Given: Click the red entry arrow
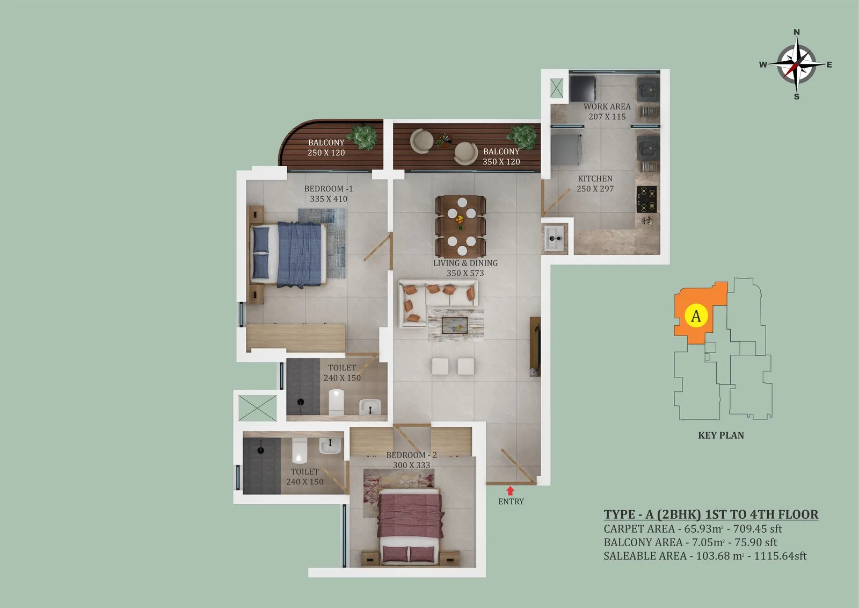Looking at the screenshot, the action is (x=510, y=490).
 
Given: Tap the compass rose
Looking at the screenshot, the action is (x=796, y=65).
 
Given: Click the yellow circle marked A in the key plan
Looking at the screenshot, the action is (x=696, y=316).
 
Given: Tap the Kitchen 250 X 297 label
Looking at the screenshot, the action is (x=595, y=184).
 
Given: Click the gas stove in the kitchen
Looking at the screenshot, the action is (x=646, y=199).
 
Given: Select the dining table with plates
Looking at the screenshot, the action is (x=461, y=226).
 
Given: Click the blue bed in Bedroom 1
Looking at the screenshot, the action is (x=288, y=255).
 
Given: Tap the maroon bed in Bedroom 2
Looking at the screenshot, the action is (x=410, y=526).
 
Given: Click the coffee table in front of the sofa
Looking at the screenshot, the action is (x=455, y=325).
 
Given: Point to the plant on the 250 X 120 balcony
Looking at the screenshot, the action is (x=362, y=137).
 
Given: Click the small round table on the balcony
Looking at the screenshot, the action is (x=444, y=140).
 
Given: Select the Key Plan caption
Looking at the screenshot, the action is (x=721, y=435).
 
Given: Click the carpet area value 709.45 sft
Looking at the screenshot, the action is (x=758, y=529).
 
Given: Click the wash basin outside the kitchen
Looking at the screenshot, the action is (x=554, y=239).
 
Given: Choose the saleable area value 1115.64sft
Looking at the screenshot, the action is (x=780, y=556).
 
